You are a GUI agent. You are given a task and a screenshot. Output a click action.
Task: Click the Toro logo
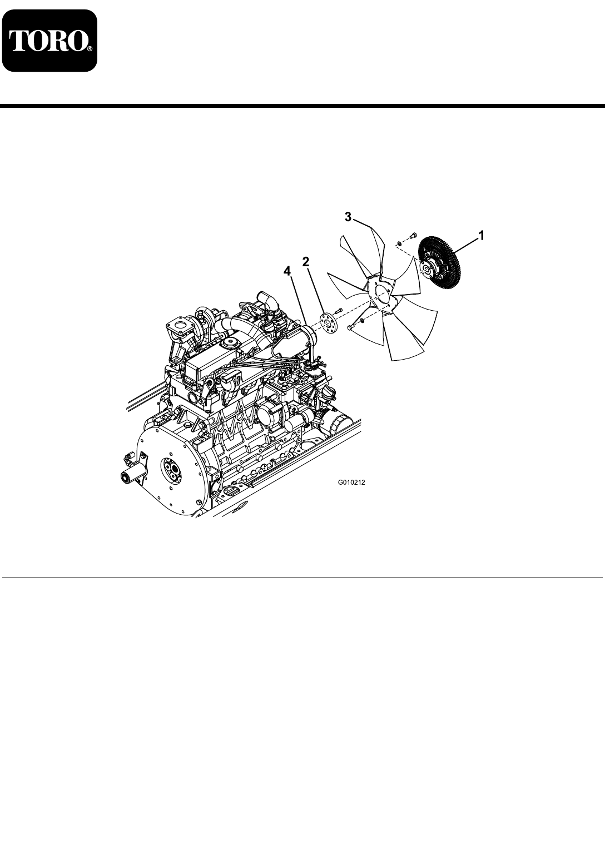point(49,41)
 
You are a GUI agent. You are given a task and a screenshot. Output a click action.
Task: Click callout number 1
point(480,236)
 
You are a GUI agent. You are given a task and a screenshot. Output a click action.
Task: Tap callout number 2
point(306,262)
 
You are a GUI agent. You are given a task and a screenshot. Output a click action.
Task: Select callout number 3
point(348,217)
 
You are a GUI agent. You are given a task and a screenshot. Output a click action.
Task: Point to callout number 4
point(287,271)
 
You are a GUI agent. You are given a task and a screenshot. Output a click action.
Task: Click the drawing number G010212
point(351,482)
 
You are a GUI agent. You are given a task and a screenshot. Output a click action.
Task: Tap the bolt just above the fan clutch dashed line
point(413,236)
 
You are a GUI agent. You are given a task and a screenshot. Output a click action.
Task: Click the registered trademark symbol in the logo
point(90,49)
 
